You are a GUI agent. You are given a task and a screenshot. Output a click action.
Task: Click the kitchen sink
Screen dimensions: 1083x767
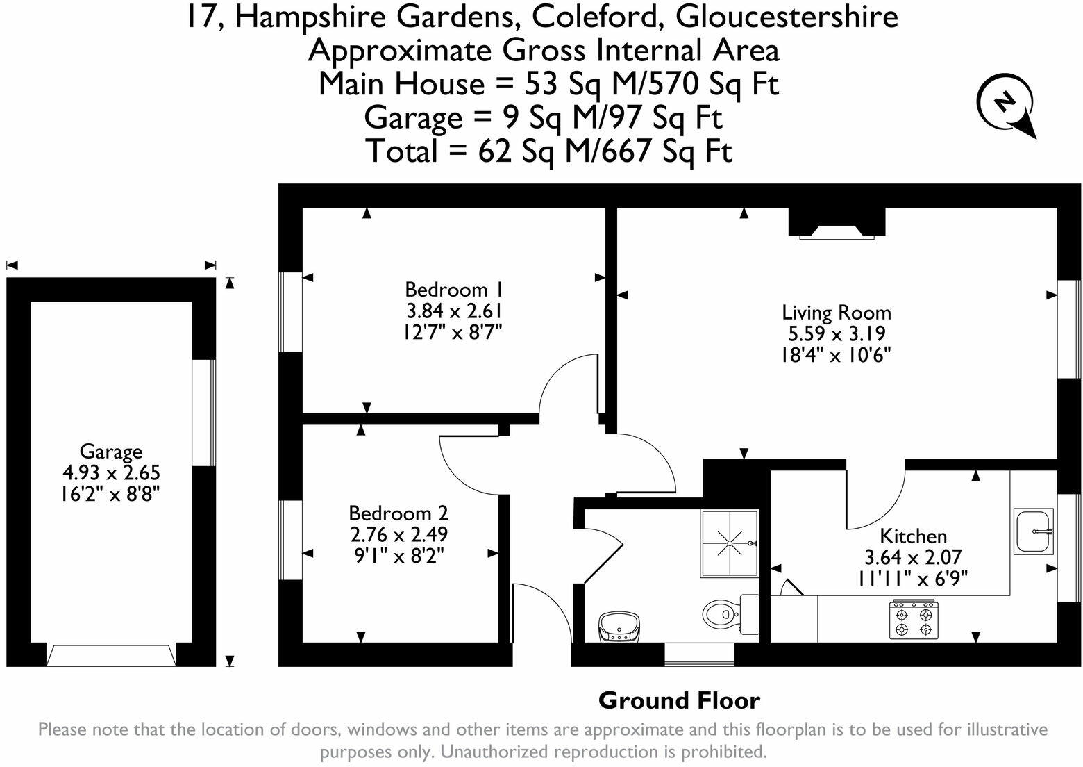tap(1034, 531)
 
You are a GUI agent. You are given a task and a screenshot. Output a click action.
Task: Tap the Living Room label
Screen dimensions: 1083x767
tap(836, 312)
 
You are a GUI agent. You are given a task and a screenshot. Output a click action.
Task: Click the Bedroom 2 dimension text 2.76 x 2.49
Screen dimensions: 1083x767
tap(398, 534)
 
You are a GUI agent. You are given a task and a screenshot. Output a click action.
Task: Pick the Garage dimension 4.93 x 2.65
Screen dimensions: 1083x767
tap(111, 473)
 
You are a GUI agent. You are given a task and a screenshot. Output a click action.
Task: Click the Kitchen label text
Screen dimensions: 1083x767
tap(913, 536)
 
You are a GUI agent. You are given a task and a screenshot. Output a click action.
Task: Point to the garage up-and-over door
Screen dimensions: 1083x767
tap(111, 655)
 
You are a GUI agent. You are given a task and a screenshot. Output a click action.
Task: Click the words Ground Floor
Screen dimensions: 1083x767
tap(679, 700)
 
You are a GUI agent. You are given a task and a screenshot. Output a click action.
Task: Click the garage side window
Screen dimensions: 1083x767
tap(203, 413)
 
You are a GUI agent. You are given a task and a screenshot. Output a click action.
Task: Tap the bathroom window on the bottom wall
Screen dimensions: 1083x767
tap(699, 654)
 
